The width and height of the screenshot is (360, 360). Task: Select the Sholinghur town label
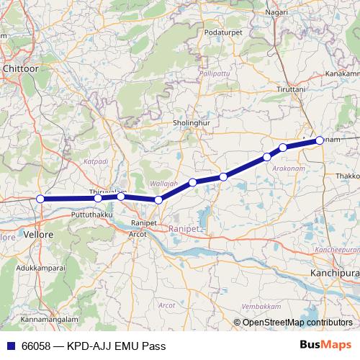[x=191, y=123]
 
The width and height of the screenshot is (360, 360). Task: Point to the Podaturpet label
[x=223, y=33]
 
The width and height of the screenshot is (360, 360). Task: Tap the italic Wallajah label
[x=162, y=184]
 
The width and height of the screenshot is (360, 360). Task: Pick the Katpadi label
[x=95, y=163]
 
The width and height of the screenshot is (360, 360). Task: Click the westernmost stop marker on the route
[x=40, y=199]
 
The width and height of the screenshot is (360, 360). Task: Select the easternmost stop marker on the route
[x=320, y=141]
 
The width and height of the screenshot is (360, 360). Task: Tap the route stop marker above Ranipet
[x=158, y=199]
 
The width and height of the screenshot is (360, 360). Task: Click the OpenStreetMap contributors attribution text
[x=297, y=323]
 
